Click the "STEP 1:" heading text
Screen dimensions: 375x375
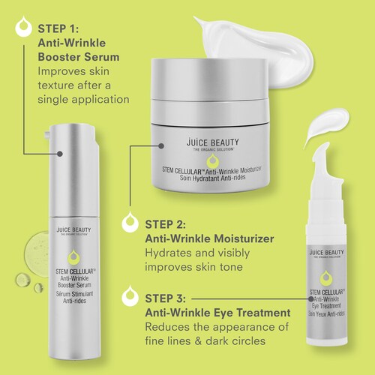point(58,28)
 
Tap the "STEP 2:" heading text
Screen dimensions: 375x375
point(166,224)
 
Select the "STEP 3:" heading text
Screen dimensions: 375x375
point(166,298)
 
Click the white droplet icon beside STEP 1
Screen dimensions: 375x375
point(24,27)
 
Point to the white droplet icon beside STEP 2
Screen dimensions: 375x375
point(130,222)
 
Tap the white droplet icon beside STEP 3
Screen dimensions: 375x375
point(130,296)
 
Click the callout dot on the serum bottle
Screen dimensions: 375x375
point(59,154)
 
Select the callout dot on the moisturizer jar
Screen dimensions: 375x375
point(161,145)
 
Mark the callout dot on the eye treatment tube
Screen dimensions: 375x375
point(310,298)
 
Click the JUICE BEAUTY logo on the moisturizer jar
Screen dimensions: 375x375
point(212,142)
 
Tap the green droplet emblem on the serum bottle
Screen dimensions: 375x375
point(73,257)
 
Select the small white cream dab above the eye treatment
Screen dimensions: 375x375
point(328,126)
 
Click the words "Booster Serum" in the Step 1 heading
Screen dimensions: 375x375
point(79,57)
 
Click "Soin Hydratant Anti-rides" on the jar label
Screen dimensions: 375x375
point(212,178)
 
